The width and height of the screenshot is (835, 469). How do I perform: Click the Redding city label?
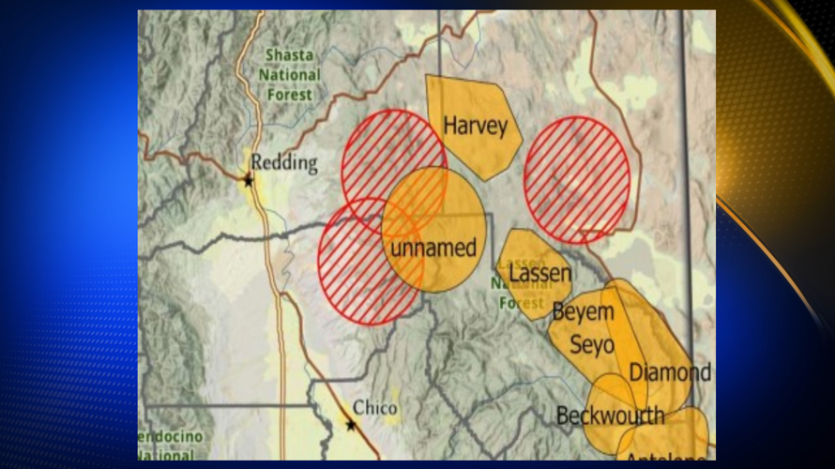[284, 163]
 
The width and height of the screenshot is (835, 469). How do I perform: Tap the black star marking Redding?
[249, 180]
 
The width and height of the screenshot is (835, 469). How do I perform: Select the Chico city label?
[375, 409]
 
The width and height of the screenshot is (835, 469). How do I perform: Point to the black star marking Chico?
[351, 425]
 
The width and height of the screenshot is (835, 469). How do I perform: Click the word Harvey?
[476, 126]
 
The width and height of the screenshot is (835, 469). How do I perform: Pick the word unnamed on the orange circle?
[433, 249]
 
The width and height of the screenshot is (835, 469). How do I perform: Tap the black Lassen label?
[540, 274]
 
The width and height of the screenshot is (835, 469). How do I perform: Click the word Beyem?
[583, 312]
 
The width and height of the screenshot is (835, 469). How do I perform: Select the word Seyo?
[592, 344]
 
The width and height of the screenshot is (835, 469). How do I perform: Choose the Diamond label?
[670, 371]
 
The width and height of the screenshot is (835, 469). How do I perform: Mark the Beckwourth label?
[610, 415]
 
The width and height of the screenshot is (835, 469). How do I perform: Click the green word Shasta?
[289, 56]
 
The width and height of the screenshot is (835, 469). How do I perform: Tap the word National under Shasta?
[289, 75]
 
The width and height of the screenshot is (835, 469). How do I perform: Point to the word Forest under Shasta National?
[289, 94]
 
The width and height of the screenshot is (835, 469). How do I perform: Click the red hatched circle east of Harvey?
[577, 178]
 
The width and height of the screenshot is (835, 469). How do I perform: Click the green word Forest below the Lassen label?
[522, 303]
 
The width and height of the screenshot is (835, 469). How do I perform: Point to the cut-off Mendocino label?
[169, 438]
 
